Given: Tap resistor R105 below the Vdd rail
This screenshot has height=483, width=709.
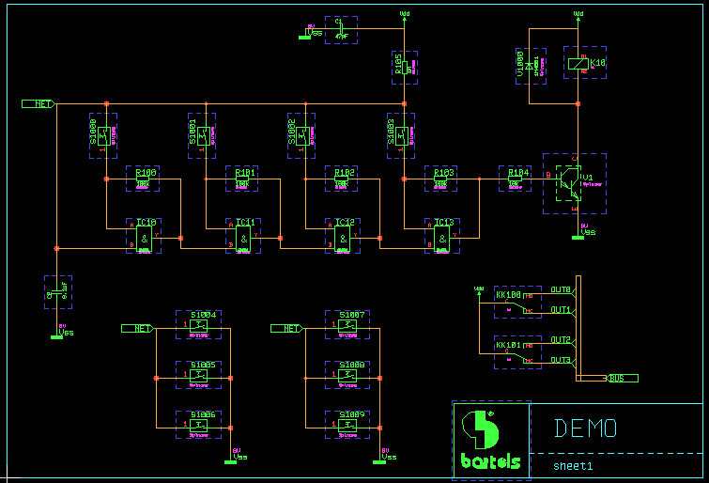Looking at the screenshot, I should click(x=403, y=67).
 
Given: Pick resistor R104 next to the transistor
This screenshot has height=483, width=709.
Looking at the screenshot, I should click(x=515, y=179).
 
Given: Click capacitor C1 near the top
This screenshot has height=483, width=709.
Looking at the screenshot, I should click(x=340, y=29).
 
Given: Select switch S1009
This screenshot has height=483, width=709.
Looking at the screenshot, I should click(x=347, y=425).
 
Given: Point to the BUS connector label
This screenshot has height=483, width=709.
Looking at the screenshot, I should click(x=619, y=378).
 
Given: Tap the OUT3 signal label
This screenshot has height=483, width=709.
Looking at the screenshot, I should click(x=561, y=360).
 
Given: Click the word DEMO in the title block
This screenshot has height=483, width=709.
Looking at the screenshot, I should click(x=585, y=428).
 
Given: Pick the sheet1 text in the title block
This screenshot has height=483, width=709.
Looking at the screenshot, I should click(x=573, y=465).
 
